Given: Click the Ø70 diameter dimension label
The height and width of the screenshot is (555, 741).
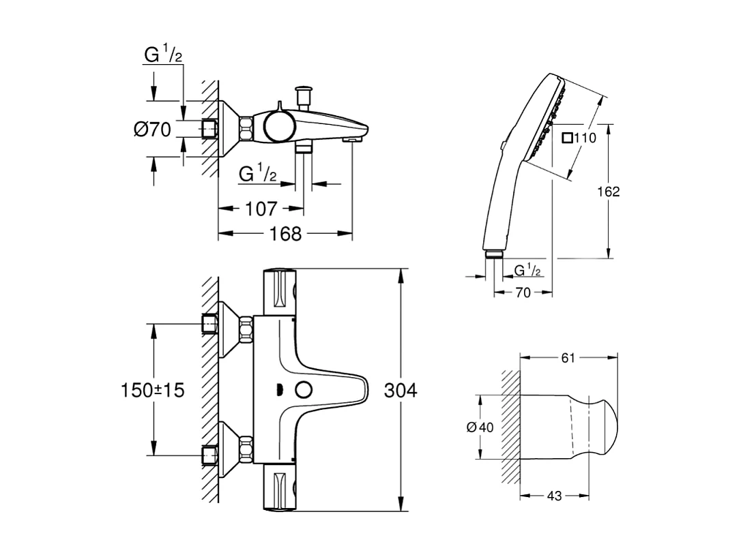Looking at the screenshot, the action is (152, 130).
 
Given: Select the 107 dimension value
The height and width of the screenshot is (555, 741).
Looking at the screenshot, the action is (261, 208).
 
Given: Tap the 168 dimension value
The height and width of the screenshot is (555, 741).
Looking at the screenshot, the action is (285, 234).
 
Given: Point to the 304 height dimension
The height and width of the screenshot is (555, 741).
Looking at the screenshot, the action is (401, 391).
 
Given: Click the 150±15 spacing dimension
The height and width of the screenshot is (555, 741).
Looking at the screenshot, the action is (153, 390).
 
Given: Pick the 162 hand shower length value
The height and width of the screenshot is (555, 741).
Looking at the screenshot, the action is (608, 192).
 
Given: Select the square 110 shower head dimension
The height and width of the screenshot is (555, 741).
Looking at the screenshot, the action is (579, 138).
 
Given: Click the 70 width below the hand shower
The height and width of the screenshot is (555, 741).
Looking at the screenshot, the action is (523, 291).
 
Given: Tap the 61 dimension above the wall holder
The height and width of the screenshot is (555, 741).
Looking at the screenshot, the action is (568, 358).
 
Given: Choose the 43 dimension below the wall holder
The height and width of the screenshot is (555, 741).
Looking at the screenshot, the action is (554, 497).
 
